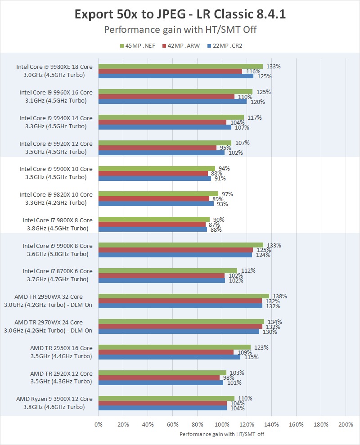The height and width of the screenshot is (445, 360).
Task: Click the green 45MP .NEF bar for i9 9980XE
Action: click(180, 67)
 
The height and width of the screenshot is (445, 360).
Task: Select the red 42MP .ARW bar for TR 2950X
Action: click(166, 352)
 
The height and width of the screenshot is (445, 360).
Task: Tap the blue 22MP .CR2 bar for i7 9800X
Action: click(153, 229)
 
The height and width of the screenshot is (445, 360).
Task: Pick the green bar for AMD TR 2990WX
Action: click(184, 297)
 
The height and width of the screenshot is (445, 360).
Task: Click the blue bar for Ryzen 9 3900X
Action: click(162, 408)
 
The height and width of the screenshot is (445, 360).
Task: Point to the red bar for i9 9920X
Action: click(157, 148)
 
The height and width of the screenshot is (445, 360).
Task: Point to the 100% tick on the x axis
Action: click(222, 424)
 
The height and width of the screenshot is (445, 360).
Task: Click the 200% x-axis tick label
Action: click(346, 424)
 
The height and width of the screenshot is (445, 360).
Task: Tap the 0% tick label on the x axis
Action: click(99, 424)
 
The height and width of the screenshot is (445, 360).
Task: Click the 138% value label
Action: click(280, 297)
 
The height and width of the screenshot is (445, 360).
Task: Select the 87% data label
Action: click(214, 225)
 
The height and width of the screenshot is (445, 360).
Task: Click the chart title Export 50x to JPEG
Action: click(180, 14)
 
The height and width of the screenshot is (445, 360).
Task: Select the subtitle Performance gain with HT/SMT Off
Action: click(180, 30)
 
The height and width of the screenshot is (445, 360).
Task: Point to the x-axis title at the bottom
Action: click(222, 435)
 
